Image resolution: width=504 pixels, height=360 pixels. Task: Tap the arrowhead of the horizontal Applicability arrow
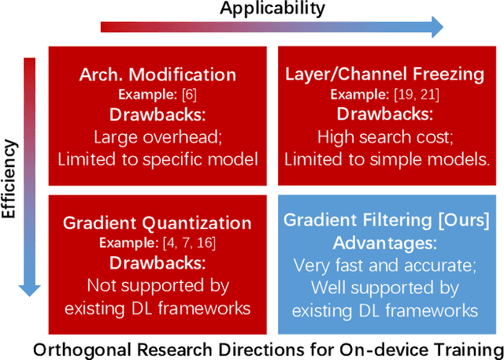point(435,28)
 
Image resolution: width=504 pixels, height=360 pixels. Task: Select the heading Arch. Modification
point(157,75)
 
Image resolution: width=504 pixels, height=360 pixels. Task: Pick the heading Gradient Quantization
point(157,223)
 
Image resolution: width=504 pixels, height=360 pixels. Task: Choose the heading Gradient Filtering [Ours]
point(386,221)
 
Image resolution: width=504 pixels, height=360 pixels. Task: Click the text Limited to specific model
point(157,159)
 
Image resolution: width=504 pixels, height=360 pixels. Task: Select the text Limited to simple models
point(387,159)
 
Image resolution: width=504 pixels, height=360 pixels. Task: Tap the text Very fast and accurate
point(385,265)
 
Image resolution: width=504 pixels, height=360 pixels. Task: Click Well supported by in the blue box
point(385,286)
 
